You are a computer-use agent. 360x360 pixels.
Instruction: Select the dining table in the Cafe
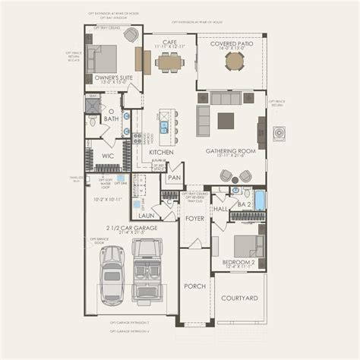click(x=167, y=62)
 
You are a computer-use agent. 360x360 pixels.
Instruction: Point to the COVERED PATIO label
click(x=232, y=44)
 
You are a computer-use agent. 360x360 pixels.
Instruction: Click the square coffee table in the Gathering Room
click(x=226, y=120)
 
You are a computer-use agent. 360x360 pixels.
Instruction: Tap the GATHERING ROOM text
click(x=230, y=151)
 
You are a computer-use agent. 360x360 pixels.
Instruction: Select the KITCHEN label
click(x=161, y=152)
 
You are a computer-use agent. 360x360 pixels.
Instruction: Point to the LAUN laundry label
click(x=146, y=215)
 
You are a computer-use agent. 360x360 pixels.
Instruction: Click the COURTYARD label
click(x=240, y=298)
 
